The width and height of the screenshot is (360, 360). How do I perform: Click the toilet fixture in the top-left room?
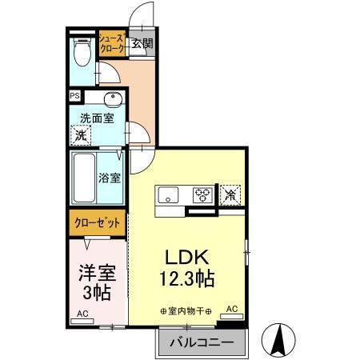point(80,54)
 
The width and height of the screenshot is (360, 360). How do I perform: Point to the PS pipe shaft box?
point(75,96)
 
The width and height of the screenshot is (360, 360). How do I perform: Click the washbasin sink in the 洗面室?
point(111,101)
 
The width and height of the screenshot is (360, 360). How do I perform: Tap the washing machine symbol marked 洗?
point(81,135)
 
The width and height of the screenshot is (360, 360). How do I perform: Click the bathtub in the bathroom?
point(84,177)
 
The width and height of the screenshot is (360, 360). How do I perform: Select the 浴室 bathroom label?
point(110,177)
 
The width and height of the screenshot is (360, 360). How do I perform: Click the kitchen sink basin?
point(169,194)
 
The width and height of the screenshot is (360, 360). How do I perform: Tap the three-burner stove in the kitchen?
point(202,194)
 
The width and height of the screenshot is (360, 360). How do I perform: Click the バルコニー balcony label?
point(201,342)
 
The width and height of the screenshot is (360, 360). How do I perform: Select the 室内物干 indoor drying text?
point(185,310)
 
